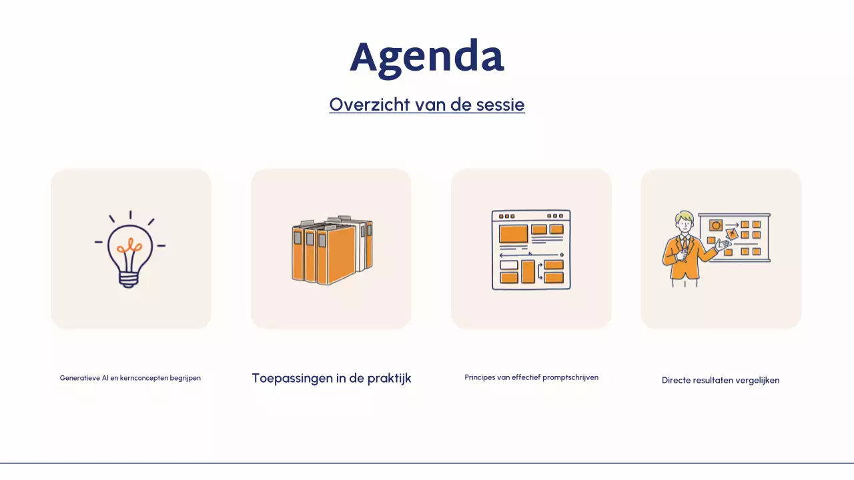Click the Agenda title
click(x=427, y=57)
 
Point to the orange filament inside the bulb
click(x=129, y=247)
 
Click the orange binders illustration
click(x=332, y=250)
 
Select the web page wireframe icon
click(x=531, y=250)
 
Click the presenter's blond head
click(x=684, y=221)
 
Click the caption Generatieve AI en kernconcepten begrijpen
click(x=130, y=378)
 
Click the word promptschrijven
click(x=570, y=377)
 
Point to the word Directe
click(x=677, y=381)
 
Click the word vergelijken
click(x=757, y=381)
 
